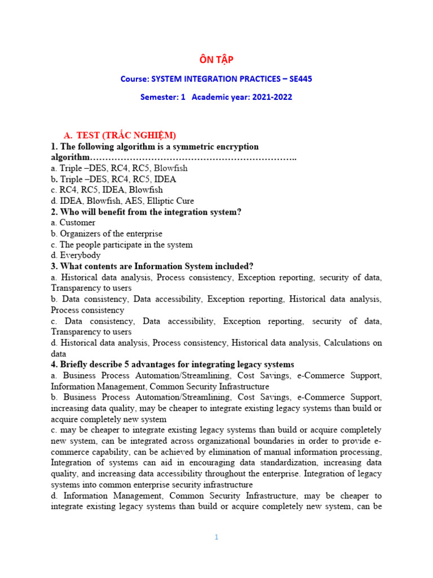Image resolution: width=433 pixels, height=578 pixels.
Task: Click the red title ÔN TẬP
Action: coord(216,59)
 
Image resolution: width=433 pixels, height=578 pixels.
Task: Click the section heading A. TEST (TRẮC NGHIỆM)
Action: coord(120,135)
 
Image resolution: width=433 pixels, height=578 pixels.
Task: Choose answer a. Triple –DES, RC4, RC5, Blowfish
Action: coord(119,168)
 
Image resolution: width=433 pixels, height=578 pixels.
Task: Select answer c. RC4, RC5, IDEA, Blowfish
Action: coord(107,190)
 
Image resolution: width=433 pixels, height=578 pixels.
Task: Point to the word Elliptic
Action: coord(160,201)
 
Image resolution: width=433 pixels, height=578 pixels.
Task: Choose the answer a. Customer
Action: coord(73,222)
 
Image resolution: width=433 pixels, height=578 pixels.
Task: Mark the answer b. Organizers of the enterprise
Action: coord(107,234)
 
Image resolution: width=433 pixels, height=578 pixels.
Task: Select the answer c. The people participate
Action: coord(121,244)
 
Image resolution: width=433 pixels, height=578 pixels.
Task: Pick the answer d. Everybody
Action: coord(76,255)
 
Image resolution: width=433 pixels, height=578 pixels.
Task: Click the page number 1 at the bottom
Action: coord(216,537)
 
